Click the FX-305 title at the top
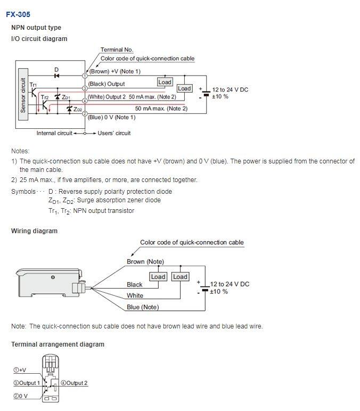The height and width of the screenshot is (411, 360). [x=18, y=14]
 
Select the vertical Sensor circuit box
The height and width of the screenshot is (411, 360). [x=23, y=95]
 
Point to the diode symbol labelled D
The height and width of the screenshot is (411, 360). [x=56, y=76]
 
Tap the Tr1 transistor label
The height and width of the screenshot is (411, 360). [x=34, y=85]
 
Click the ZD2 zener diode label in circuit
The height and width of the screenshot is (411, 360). [x=78, y=109]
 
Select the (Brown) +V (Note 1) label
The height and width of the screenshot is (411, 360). [x=114, y=71]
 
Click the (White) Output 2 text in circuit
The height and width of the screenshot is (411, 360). [x=107, y=97]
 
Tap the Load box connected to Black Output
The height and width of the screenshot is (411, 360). [x=165, y=82]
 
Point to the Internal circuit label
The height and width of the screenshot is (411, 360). [x=54, y=133]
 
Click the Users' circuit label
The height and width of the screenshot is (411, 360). [x=114, y=133]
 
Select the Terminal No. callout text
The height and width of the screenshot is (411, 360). [x=117, y=50]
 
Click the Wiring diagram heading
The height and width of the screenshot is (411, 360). [x=34, y=231]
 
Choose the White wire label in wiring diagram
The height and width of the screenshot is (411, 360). [x=135, y=295]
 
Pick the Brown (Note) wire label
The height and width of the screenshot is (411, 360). [x=145, y=261]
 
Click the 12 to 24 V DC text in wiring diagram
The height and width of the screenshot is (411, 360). [x=230, y=284]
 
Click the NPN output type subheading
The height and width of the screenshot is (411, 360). [x=36, y=28]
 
